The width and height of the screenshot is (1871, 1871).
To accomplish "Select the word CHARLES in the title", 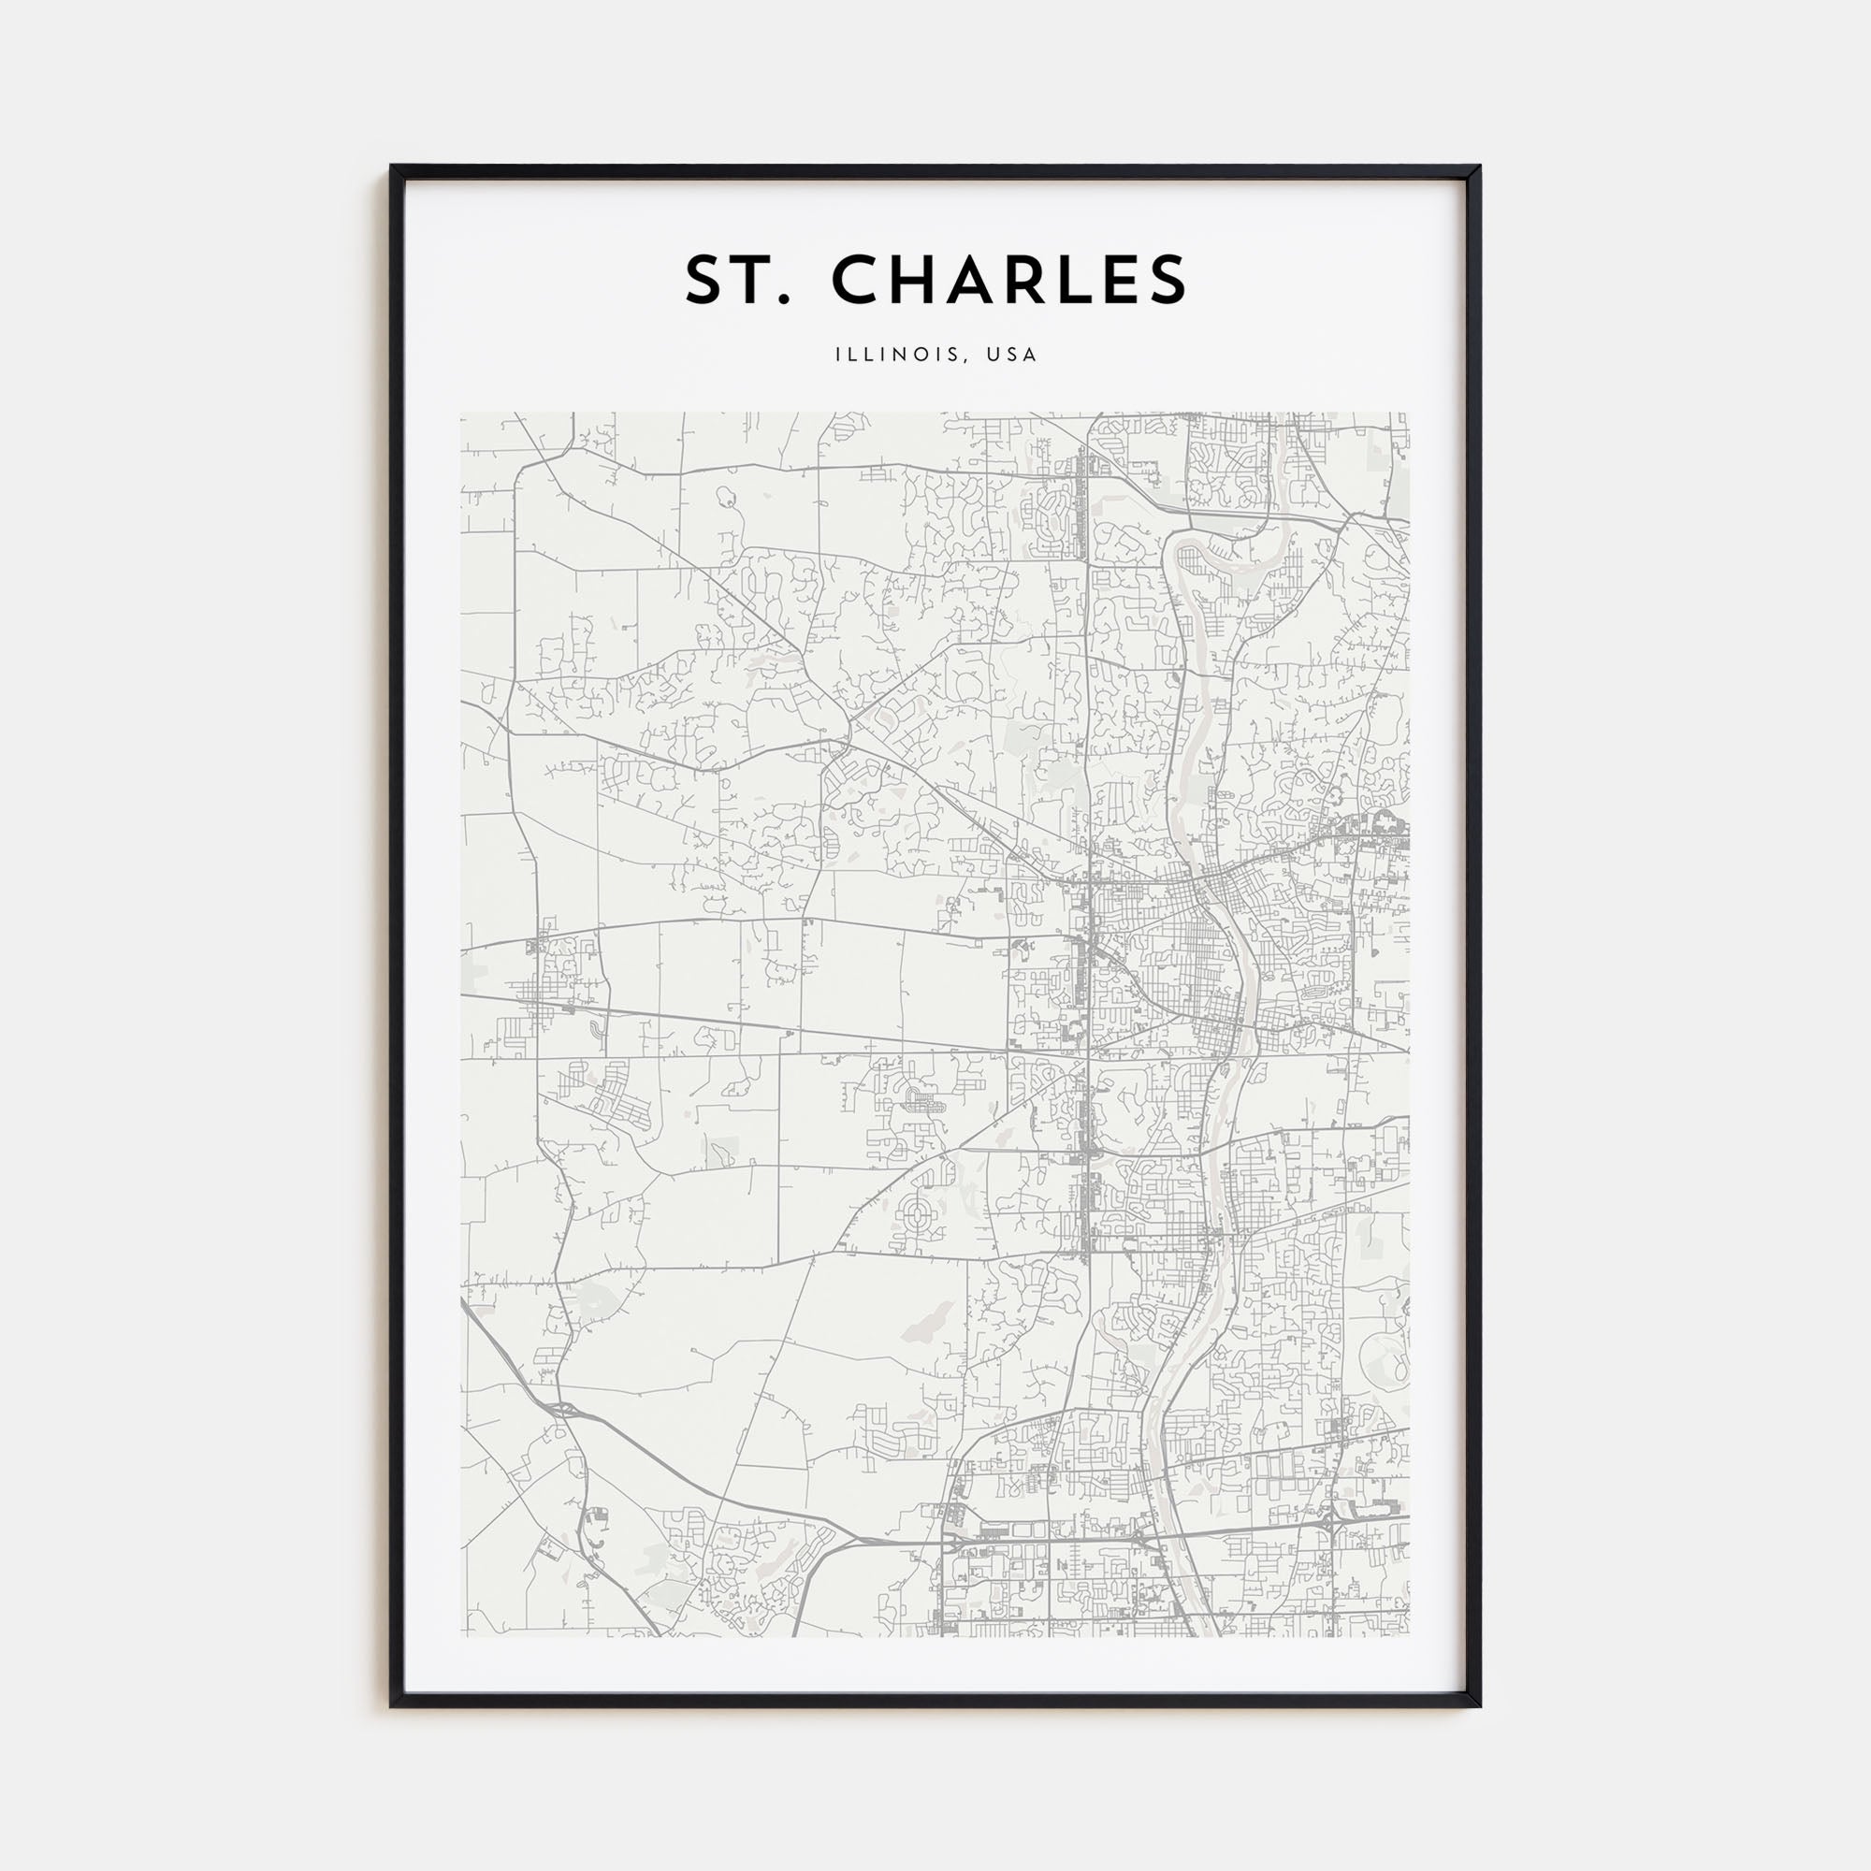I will click(x=1009, y=280).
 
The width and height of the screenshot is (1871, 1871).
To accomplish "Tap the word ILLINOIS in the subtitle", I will click(x=898, y=355).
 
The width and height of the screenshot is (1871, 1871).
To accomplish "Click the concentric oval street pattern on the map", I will click(x=917, y=1210).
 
